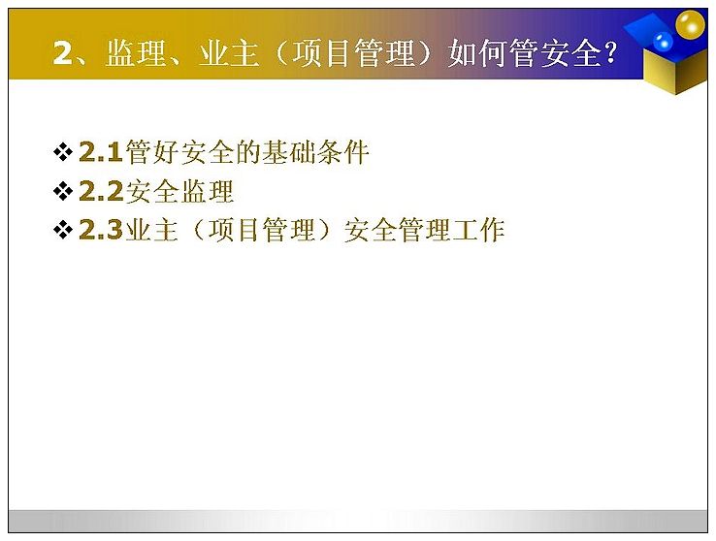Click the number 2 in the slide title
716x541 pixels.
tap(63, 53)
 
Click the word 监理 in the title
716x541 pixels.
tap(136, 53)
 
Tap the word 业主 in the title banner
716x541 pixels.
tap(229, 53)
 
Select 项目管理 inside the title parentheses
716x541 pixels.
tap(353, 53)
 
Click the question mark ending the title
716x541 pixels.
tap(610, 53)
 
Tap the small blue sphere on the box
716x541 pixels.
tap(663, 42)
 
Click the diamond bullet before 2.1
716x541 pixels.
tap(63, 152)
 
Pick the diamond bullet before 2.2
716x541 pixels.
tap(63, 191)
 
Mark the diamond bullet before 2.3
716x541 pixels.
tap(63, 230)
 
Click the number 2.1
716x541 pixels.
tap(101, 152)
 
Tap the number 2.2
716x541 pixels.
tap(101, 191)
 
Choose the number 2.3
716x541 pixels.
tap(101, 230)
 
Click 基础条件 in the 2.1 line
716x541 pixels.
tap(315, 152)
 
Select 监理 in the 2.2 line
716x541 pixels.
tap(207, 191)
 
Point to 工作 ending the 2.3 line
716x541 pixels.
tap(478, 230)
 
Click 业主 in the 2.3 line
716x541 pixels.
tap(151, 230)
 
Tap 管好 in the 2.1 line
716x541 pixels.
tap(151, 152)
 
